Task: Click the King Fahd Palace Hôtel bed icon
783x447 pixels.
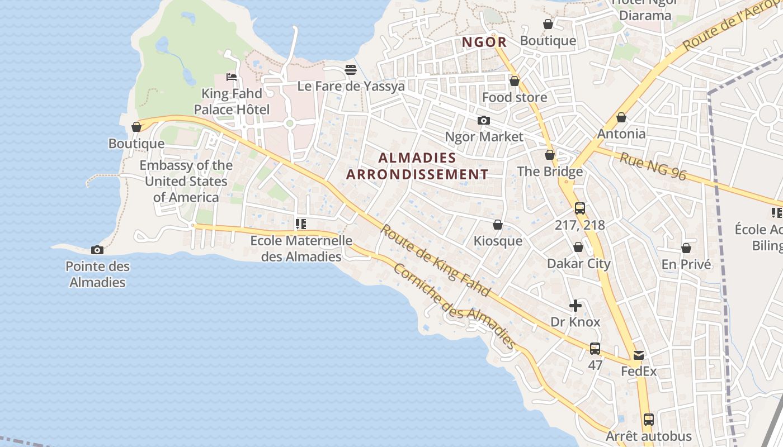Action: (x=232, y=77)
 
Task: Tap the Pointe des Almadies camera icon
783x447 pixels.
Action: (x=97, y=250)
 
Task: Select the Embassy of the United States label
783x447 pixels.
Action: (x=186, y=181)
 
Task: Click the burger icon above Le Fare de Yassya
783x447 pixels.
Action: (x=351, y=70)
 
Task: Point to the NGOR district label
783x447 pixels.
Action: (x=484, y=42)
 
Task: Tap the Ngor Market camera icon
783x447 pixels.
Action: (x=484, y=120)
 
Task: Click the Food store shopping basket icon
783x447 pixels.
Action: (x=515, y=81)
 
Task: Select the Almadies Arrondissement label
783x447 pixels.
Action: (x=417, y=166)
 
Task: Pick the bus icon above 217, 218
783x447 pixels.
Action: (x=580, y=208)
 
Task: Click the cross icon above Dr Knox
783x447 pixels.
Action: (x=576, y=306)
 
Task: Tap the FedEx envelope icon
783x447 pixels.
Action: (x=639, y=355)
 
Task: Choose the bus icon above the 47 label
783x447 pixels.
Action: (x=595, y=349)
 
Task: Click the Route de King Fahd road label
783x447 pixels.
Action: (x=435, y=260)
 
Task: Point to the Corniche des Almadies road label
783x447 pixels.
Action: (x=454, y=306)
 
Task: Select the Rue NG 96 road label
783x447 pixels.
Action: (x=653, y=166)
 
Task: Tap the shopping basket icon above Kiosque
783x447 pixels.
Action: (x=498, y=225)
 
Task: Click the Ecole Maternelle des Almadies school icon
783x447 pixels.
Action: (x=301, y=224)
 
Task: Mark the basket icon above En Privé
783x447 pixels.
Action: (x=686, y=248)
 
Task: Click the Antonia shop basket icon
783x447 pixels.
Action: (x=621, y=117)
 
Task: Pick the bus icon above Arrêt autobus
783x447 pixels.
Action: (x=649, y=419)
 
